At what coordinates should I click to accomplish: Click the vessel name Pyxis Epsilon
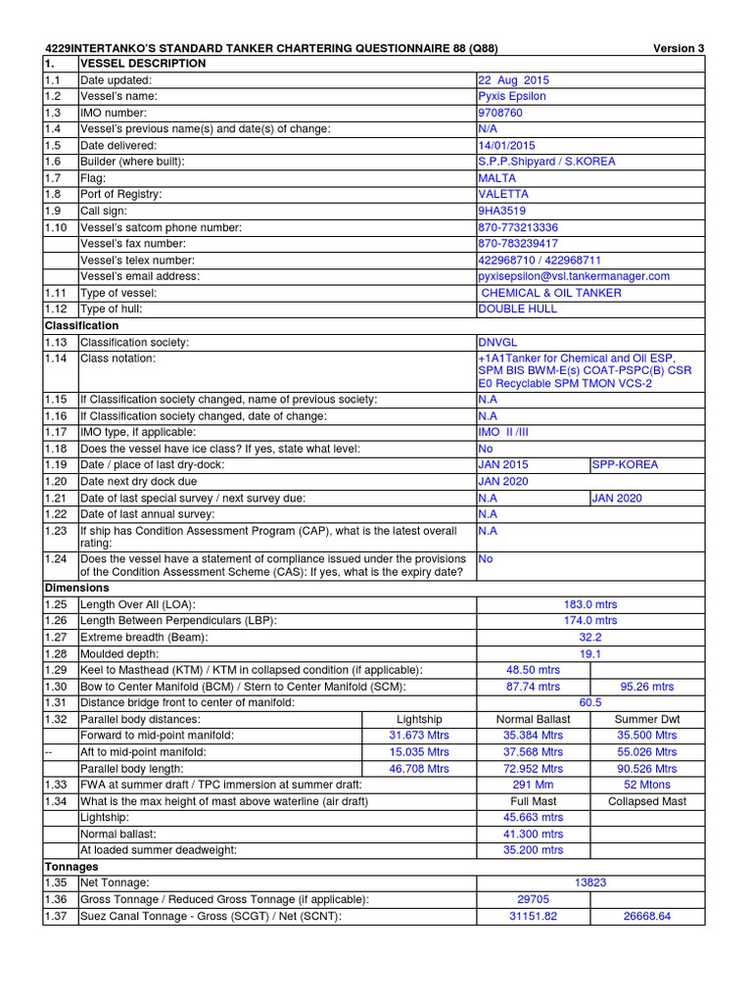pyautogui.click(x=511, y=96)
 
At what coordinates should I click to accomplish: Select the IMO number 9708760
pyautogui.click(x=501, y=113)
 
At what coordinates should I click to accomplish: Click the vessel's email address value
pyautogui.click(x=573, y=276)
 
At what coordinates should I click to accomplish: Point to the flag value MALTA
pyautogui.click(x=496, y=178)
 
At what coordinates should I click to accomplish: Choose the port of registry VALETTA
pyautogui.click(x=502, y=194)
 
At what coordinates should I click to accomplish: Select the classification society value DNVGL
pyautogui.click(x=498, y=342)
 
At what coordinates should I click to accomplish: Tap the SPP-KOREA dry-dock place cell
pyautogui.click(x=625, y=464)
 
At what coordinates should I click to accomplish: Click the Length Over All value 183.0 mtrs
pyautogui.click(x=589, y=604)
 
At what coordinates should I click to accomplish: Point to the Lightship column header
pyautogui.click(x=419, y=719)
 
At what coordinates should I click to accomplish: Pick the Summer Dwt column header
pyautogui.click(x=646, y=719)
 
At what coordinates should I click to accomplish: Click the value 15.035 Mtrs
pyautogui.click(x=419, y=752)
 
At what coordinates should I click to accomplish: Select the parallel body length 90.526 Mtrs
pyautogui.click(x=646, y=769)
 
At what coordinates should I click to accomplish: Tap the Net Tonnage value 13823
pyautogui.click(x=589, y=883)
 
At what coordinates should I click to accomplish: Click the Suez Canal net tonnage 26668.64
pyautogui.click(x=646, y=916)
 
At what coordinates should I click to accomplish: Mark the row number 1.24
pyautogui.click(x=54, y=558)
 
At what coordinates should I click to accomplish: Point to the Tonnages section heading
pyautogui.click(x=72, y=867)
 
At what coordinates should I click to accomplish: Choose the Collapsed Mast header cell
pyautogui.click(x=646, y=801)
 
